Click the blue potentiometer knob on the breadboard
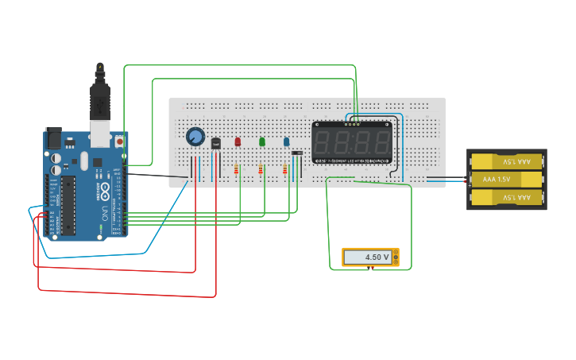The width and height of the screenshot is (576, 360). pyautogui.click(x=195, y=137)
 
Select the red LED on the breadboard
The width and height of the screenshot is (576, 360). pyautogui.click(x=237, y=141)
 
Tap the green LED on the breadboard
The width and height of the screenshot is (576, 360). pyautogui.click(x=261, y=141)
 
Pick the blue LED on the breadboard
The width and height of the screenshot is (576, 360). pyautogui.click(x=286, y=141)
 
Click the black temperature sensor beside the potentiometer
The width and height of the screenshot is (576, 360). pyautogui.click(x=215, y=143)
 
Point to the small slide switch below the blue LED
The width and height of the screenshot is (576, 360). pyautogui.click(x=296, y=153)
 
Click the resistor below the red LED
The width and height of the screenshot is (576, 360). pyautogui.click(x=237, y=169)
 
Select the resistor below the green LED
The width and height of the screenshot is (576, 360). pyautogui.click(x=261, y=169)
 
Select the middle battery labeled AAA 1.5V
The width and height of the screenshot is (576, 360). pyautogui.click(x=506, y=180)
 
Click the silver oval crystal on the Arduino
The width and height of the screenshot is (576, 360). pyautogui.click(x=84, y=161)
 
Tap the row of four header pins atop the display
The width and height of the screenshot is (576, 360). pyautogui.click(x=353, y=124)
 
